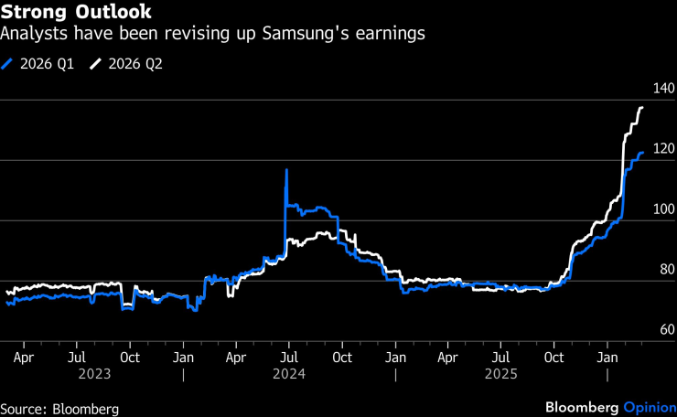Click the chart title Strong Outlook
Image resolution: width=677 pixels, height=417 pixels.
[76, 14]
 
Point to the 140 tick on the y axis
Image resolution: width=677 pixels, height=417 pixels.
[663, 89]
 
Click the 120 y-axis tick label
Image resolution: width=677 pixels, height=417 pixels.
[663, 149]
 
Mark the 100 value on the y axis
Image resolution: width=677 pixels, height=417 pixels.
[663, 209]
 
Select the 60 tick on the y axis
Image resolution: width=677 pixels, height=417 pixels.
[666, 330]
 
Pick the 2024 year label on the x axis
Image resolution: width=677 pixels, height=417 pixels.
[289, 374]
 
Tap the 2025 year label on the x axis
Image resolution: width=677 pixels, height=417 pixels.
[500, 374]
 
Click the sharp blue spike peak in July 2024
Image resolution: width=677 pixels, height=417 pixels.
[286, 170]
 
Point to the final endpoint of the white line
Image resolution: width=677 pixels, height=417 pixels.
[642, 108]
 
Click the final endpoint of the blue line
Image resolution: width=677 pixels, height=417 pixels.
[642, 153]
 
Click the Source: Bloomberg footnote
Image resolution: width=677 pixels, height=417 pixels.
[59, 408]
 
